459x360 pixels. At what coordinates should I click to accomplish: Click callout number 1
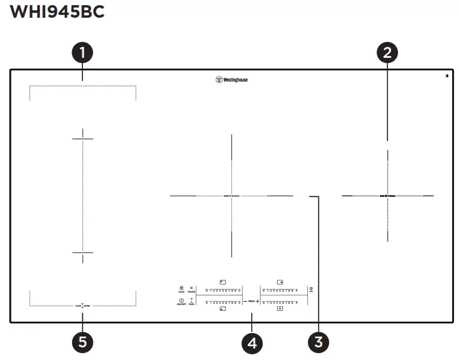[x=82, y=53]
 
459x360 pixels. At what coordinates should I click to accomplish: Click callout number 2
[x=387, y=53]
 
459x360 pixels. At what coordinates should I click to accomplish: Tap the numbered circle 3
[x=318, y=342]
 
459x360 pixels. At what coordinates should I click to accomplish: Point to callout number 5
[x=82, y=342]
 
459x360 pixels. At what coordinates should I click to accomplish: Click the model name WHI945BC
[x=58, y=12]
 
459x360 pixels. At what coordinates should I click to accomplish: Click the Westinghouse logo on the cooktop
[x=231, y=80]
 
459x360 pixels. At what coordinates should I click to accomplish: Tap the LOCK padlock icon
[x=181, y=288]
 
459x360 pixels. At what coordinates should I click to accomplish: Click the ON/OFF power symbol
[x=181, y=301]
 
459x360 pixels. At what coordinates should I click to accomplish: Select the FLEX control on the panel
[x=192, y=302]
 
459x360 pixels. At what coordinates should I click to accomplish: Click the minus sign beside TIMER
[x=245, y=301]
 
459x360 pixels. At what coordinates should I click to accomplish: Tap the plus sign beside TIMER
[x=258, y=301]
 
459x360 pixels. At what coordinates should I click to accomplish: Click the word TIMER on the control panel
[x=251, y=301]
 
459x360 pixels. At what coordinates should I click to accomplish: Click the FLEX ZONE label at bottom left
[x=83, y=306]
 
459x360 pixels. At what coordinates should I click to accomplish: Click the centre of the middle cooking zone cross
[x=232, y=196]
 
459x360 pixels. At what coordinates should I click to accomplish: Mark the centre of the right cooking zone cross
[x=387, y=196]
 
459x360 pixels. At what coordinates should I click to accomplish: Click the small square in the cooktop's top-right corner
[x=445, y=76]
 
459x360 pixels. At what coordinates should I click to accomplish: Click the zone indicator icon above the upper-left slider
[x=223, y=282]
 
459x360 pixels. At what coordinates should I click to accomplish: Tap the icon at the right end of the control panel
[x=311, y=290]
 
